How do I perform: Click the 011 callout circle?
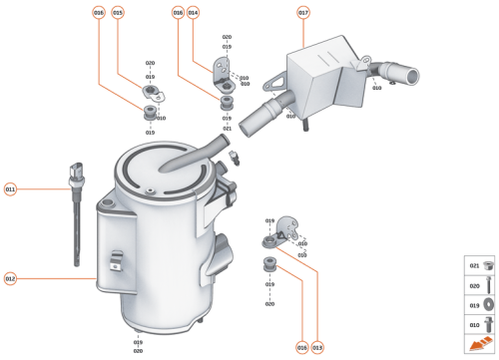point(11,188)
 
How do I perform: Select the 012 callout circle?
point(11,278)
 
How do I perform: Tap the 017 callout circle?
point(303,13)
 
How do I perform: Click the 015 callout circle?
point(118,13)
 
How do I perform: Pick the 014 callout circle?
point(194,13)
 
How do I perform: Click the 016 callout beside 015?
point(98,13)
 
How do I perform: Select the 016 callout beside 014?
point(178,13)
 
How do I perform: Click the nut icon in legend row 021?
point(489,266)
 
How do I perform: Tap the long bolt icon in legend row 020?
point(489,285)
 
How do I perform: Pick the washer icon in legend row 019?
point(489,305)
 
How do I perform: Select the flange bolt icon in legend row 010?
point(489,324)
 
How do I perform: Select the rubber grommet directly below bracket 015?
point(150,111)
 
